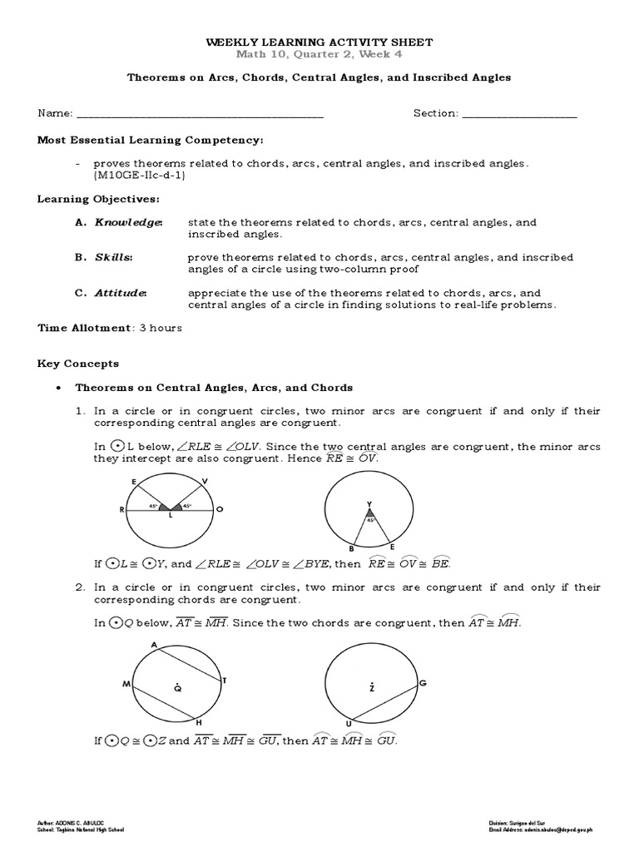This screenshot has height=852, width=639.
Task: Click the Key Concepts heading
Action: [78, 364]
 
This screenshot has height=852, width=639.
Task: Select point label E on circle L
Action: [134, 482]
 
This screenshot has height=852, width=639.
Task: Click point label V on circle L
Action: [205, 481]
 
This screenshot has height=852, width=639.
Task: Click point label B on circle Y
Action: [351, 549]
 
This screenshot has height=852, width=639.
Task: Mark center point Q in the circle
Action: [176, 686]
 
